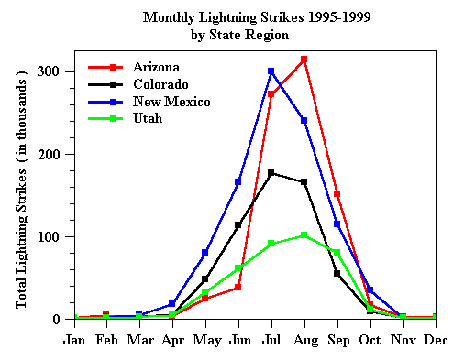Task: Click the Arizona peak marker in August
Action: coord(304,60)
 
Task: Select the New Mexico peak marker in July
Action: coord(271,71)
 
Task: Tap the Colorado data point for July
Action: coord(271,172)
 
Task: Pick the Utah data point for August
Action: coord(304,235)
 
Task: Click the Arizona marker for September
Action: coord(337,194)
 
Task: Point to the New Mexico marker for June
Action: coord(238,182)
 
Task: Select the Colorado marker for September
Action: coord(337,273)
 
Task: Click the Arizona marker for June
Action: coord(238,288)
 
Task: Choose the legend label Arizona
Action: coord(156,67)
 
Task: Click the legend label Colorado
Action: coord(160,84)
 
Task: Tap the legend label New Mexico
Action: coord(171,102)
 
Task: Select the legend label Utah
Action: coord(148,119)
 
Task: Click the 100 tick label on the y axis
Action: coord(49,237)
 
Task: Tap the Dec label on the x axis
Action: coord(436,340)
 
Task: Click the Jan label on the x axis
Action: coord(74,340)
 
